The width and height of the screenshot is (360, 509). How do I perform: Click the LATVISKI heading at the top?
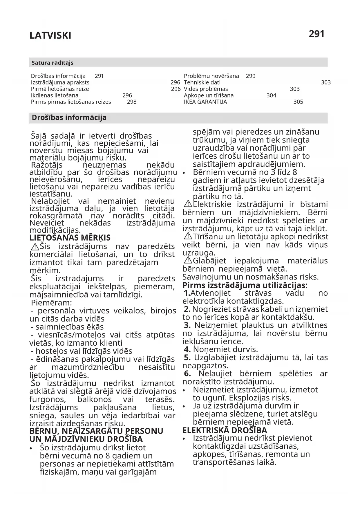50,36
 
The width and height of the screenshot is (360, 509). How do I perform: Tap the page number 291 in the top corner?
316,34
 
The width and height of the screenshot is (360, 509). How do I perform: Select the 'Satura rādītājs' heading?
53,63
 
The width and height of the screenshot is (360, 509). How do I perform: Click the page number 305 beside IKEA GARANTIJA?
298,102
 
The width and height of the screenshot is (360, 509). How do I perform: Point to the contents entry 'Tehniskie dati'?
202,82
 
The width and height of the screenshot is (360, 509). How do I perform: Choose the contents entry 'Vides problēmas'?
206,89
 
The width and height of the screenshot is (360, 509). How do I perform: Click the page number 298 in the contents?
132,102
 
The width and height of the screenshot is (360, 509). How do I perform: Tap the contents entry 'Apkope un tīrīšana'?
208,95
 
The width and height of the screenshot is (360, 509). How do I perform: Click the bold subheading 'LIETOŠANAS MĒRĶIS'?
70,238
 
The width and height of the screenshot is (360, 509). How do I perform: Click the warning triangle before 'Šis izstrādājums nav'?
35,247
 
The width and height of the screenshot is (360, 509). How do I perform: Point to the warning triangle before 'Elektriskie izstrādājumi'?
188,204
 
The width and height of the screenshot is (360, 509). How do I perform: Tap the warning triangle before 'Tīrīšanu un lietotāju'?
188,236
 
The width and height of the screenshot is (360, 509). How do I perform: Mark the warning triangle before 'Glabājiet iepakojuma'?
188,260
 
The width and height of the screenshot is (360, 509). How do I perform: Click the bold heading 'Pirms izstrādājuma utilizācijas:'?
245,285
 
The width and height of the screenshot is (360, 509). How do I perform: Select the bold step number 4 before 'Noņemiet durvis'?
187,349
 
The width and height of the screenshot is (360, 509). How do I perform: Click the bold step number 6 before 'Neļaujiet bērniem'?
187,373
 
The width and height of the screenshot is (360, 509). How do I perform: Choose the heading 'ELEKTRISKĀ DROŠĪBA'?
225,430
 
